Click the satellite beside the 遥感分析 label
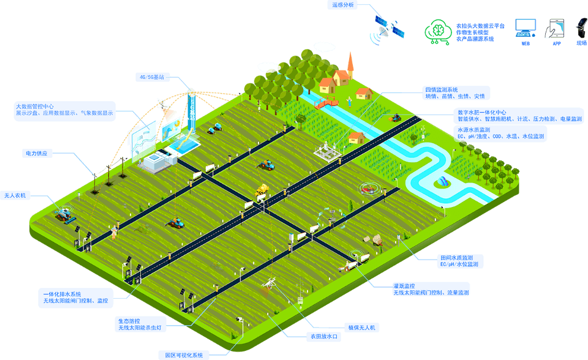point(390,27)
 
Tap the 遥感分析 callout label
point(344,5)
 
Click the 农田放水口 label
point(323,337)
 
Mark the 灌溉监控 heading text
point(404,285)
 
